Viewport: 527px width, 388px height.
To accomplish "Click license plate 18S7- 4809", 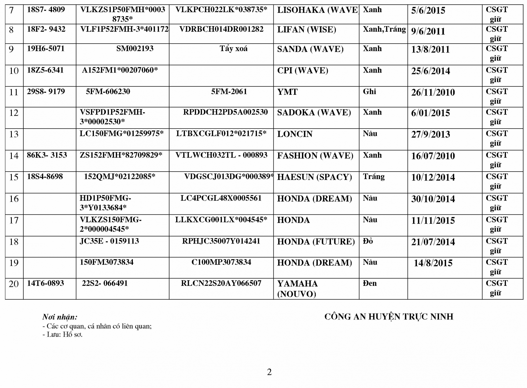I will click(x=46, y=10).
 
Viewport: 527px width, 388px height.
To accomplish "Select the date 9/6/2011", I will click(x=428, y=31).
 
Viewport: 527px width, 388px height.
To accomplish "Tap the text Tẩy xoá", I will click(x=233, y=49).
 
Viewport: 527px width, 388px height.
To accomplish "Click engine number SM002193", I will click(x=135, y=49).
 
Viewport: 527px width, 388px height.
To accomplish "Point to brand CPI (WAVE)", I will click(x=302, y=71).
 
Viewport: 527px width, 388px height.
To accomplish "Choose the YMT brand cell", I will click(x=287, y=92).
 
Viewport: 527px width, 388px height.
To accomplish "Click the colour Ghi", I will click(x=369, y=91).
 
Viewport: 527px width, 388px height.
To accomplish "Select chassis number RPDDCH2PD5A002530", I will click(x=225, y=112).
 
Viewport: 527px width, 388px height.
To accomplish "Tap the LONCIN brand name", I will click(x=295, y=134).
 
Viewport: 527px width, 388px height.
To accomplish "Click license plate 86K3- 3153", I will click(x=47, y=155).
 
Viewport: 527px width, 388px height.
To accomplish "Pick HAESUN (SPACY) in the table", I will click(x=315, y=177).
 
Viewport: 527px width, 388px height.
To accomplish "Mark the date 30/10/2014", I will click(x=433, y=199).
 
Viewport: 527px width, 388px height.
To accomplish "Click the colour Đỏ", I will click(x=368, y=241).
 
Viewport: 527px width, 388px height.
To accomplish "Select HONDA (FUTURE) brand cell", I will click(x=316, y=242).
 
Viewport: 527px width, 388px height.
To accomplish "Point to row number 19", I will click(x=14, y=263).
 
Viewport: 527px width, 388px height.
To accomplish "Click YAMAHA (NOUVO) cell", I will click(x=298, y=289).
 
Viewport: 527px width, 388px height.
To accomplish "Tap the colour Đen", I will click(x=369, y=283).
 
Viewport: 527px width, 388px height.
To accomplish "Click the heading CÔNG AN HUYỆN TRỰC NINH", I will click(x=389, y=317).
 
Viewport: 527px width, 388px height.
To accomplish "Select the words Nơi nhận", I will click(x=60, y=317).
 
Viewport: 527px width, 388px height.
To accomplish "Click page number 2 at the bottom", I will click(x=269, y=372).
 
